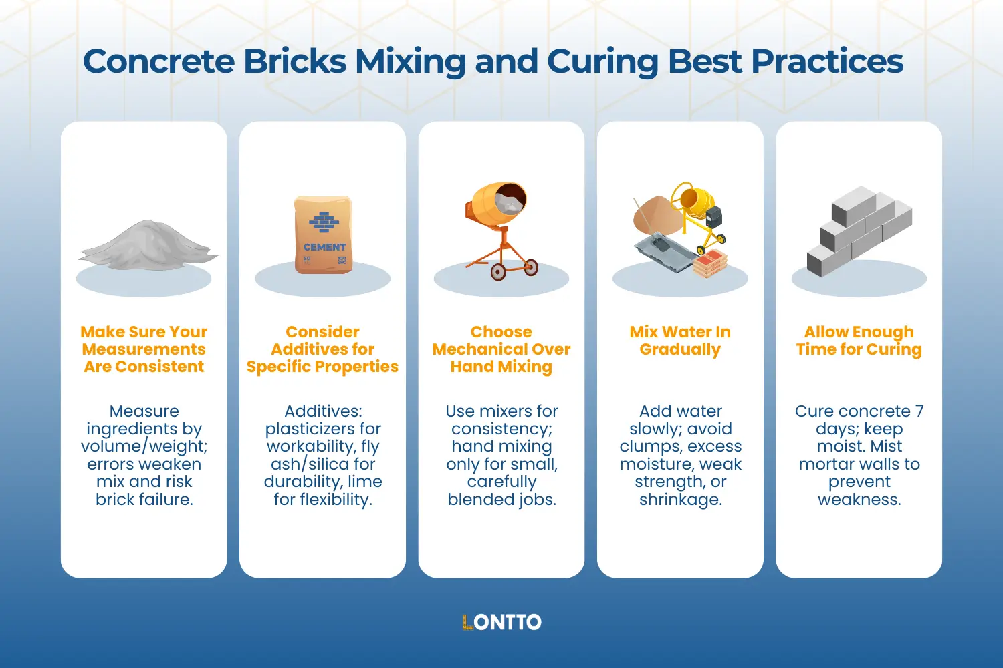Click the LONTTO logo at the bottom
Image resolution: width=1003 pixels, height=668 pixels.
(x=501, y=622)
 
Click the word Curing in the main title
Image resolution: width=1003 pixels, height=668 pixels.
(x=602, y=62)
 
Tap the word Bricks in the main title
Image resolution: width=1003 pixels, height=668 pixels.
(x=295, y=61)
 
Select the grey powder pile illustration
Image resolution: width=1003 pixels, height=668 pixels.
(x=148, y=245)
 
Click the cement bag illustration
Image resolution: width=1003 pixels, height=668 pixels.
(x=323, y=234)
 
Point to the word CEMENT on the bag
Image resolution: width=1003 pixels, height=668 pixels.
(x=324, y=247)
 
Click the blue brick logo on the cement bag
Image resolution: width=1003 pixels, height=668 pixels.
(x=324, y=222)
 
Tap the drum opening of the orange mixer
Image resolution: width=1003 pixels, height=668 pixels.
(x=510, y=198)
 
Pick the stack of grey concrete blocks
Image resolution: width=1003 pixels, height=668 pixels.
(x=859, y=231)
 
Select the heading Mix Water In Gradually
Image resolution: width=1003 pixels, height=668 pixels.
(x=680, y=341)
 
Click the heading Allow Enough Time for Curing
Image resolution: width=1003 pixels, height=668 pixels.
(x=859, y=341)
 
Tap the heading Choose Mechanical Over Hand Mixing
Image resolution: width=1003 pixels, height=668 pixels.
(x=501, y=349)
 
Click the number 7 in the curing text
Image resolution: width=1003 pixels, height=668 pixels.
(x=919, y=411)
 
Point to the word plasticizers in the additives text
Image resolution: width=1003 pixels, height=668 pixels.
(x=323, y=429)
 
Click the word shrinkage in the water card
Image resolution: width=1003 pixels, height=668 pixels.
(x=681, y=500)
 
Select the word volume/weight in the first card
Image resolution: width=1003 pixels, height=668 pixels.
(x=144, y=446)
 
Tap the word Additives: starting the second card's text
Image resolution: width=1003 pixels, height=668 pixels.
(x=323, y=411)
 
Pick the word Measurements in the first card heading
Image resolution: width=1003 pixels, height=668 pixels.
(x=144, y=349)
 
